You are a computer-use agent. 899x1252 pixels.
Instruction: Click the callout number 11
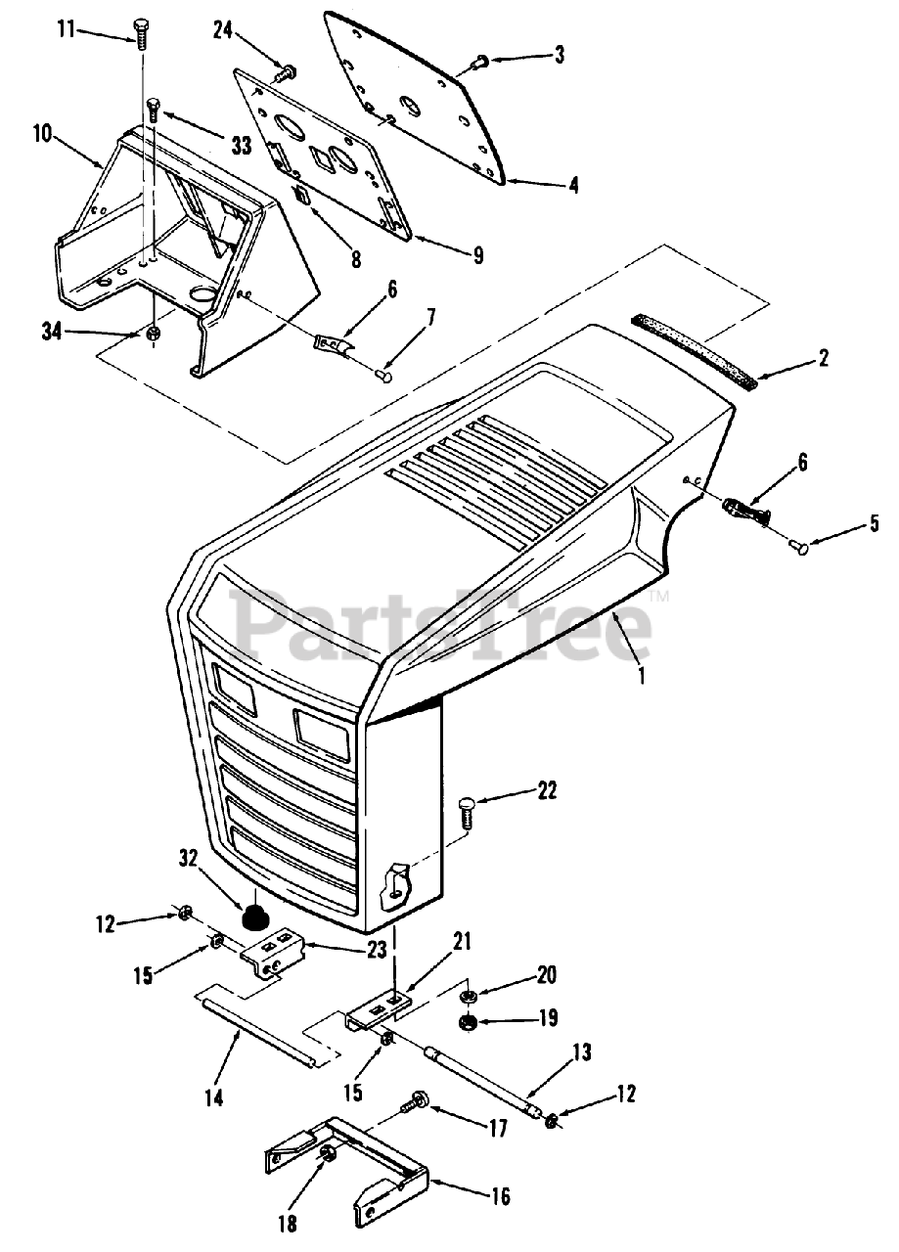coord(66,30)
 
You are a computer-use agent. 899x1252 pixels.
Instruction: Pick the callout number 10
coord(43,134)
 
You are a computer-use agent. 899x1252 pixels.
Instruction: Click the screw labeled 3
coord(481,62)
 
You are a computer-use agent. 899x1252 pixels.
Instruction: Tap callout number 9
coord(477,256)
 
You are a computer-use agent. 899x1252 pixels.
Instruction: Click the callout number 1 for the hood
coord(642,674)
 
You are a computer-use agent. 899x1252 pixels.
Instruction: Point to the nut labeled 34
coord(153,335)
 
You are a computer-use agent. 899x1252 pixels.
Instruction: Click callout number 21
coord(462,942)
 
